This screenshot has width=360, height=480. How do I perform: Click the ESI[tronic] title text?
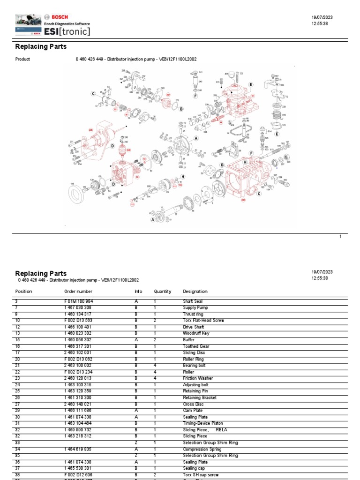tap(67, 31)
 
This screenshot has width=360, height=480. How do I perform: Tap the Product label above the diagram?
tap(22, 60)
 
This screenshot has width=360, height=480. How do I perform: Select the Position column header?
tap(23, 291)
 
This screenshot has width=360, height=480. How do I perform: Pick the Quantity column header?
tap(163, 291)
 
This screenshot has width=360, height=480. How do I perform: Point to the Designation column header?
tap(195, 291)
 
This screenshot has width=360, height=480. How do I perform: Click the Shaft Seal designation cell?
tap(193, 301)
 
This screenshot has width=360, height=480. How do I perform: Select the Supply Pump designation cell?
tap(195, 307)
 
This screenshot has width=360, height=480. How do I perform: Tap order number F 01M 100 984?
tap(79, 301)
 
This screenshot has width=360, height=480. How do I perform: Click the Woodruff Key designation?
tap(196, 333)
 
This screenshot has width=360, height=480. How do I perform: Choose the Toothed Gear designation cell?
tap(196, 346)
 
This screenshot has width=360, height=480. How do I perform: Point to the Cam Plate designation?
tap(192, 411)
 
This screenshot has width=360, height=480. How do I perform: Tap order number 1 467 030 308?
tap(78, 307)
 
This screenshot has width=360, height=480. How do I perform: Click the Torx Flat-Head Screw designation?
tap(204, 321)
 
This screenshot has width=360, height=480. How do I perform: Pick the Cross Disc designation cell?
tap(193, 404)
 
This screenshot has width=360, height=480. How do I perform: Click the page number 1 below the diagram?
tap(341, 237)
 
